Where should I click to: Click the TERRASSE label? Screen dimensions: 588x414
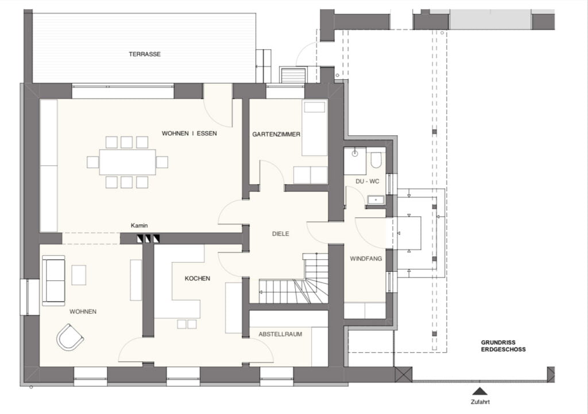tap(145, 54)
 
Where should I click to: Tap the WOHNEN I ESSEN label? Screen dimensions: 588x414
tap(189, 133)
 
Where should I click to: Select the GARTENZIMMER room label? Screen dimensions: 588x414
tap(276, 134)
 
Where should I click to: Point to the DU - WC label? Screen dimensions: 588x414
tap(367, 181)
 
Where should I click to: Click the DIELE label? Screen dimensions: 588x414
tap(280, 233)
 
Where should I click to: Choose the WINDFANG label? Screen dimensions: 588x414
tap(366, 258)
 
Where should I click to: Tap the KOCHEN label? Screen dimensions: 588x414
tap(198, 278)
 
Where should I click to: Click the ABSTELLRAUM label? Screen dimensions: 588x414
tap(280, 334)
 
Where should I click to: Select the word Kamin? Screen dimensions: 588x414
tap(139, 225)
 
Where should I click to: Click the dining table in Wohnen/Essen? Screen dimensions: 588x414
tap(127, 162)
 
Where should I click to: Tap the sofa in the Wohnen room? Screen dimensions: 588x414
tap(53, 280)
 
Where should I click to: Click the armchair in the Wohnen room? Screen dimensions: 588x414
tap(69, 337)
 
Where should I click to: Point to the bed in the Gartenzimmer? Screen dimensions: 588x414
tap(315, 128)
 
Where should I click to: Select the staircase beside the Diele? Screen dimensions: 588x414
tap(293, 279)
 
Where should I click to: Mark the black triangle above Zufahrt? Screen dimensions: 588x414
tap(479, 391)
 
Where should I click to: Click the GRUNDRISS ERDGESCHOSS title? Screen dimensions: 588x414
tap(503, 346)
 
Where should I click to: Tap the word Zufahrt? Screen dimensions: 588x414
tap(480, 402)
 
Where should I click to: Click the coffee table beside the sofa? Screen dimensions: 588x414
tap(79, 275)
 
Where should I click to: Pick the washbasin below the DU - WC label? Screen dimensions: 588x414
tap(376, 200)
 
